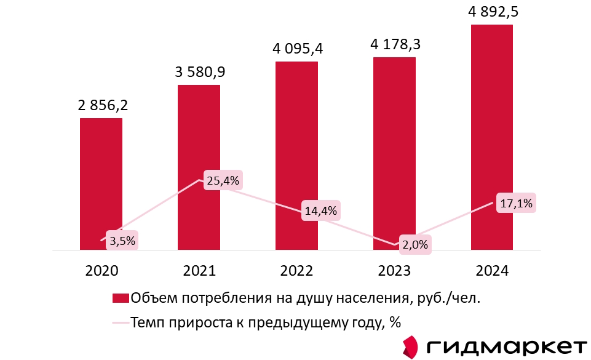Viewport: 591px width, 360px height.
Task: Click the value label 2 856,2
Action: tap(103, 105)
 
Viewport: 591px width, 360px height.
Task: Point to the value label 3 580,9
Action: tap(200, 72)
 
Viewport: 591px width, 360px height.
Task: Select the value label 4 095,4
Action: tap(298, 48)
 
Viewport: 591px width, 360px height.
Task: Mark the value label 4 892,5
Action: tap(493, 12)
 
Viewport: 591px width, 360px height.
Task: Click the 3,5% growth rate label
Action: tap(122, 240)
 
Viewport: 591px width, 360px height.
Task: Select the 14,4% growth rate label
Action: tap(320, 211)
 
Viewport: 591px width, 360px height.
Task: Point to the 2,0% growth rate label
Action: tap(414, 244)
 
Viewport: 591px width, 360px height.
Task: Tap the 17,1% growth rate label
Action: tap(516, 204)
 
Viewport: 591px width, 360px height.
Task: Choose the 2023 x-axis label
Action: tap(394, 271)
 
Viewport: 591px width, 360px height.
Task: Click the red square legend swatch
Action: tap(120, 299)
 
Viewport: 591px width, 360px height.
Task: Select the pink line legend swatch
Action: tap(120, 322)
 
